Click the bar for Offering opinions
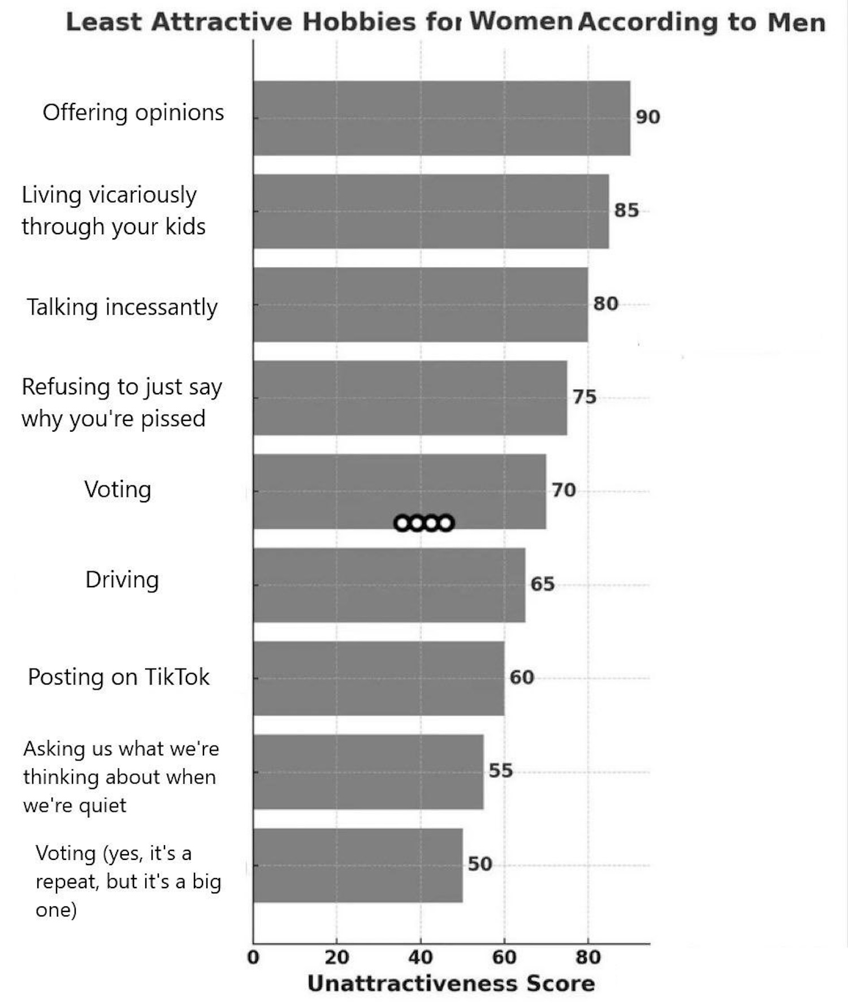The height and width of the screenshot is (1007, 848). [441, 118]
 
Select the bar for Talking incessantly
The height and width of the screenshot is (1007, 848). [420, 304]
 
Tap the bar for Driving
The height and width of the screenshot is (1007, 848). [389, 584]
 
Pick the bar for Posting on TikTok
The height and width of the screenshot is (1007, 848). [379, 678]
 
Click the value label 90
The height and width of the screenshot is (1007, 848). [648, 117]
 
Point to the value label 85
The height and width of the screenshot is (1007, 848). [626, 210]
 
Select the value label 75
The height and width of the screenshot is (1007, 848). [585, 397]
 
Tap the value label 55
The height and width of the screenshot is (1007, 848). [501, 771]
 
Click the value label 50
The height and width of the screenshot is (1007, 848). [480, 864]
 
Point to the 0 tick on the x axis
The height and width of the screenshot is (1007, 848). [253, 957]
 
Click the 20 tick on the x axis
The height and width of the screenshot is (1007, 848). [337, 957]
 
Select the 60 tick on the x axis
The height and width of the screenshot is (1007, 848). [504, 957]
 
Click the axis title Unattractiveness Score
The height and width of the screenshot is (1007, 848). [451, 984]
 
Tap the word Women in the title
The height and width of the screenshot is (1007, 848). [521, 21]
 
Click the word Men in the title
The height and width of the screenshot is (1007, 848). [797, 23]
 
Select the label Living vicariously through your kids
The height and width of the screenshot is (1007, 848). [113, 210]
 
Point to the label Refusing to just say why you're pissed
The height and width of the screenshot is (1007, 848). [121, 402]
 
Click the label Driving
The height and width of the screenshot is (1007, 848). [122, 580]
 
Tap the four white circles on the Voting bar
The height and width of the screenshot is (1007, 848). [424, 523]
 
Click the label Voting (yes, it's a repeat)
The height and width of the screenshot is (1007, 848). [128, 881]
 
